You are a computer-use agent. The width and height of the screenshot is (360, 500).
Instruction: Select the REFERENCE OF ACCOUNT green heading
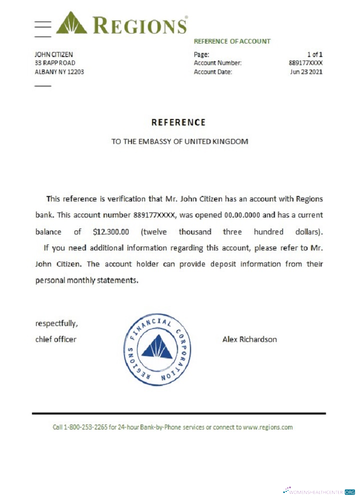[x=232, y=41]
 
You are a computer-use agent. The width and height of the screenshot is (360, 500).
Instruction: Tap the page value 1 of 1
[x=314, y=54]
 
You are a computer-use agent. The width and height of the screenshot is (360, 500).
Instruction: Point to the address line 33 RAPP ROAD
[x=55, y=63]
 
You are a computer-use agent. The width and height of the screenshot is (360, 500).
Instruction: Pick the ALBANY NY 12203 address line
[x=59, y=71]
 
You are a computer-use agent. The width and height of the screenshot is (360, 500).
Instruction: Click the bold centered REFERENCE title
[x=178, y=122]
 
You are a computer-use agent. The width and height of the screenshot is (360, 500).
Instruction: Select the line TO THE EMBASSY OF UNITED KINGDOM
[x=179, y=141]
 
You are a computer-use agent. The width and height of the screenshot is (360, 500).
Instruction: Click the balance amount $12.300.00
[x=111, y=232]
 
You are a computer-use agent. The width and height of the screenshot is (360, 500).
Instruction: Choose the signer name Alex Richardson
[x=249, y=339]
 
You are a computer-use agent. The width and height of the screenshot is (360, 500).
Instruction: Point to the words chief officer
[x=55, y=339]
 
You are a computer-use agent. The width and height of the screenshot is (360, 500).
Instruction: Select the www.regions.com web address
[x=267, y=427]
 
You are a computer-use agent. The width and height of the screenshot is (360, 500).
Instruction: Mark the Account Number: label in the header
[x=217, y=63]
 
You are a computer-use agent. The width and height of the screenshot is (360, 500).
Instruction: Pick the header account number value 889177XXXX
[x=302, y=63]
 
